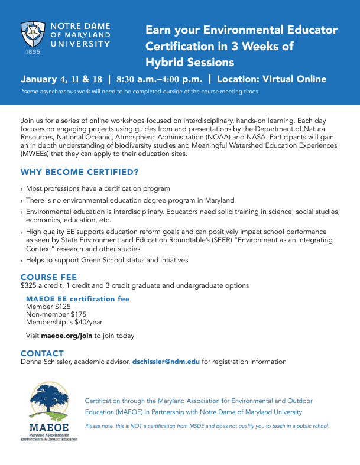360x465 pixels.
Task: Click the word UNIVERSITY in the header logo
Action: [80, 44]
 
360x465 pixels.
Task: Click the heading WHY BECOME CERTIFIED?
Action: [80, 173]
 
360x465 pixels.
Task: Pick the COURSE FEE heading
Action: [49, 277]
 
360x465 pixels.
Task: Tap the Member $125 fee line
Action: [48, 307]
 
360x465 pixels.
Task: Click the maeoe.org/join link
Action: [67, 336]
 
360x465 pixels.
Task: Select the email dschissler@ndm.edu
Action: [166, 362]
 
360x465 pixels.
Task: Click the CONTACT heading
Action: [42, 353]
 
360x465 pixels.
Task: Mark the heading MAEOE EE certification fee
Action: [78, 299]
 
